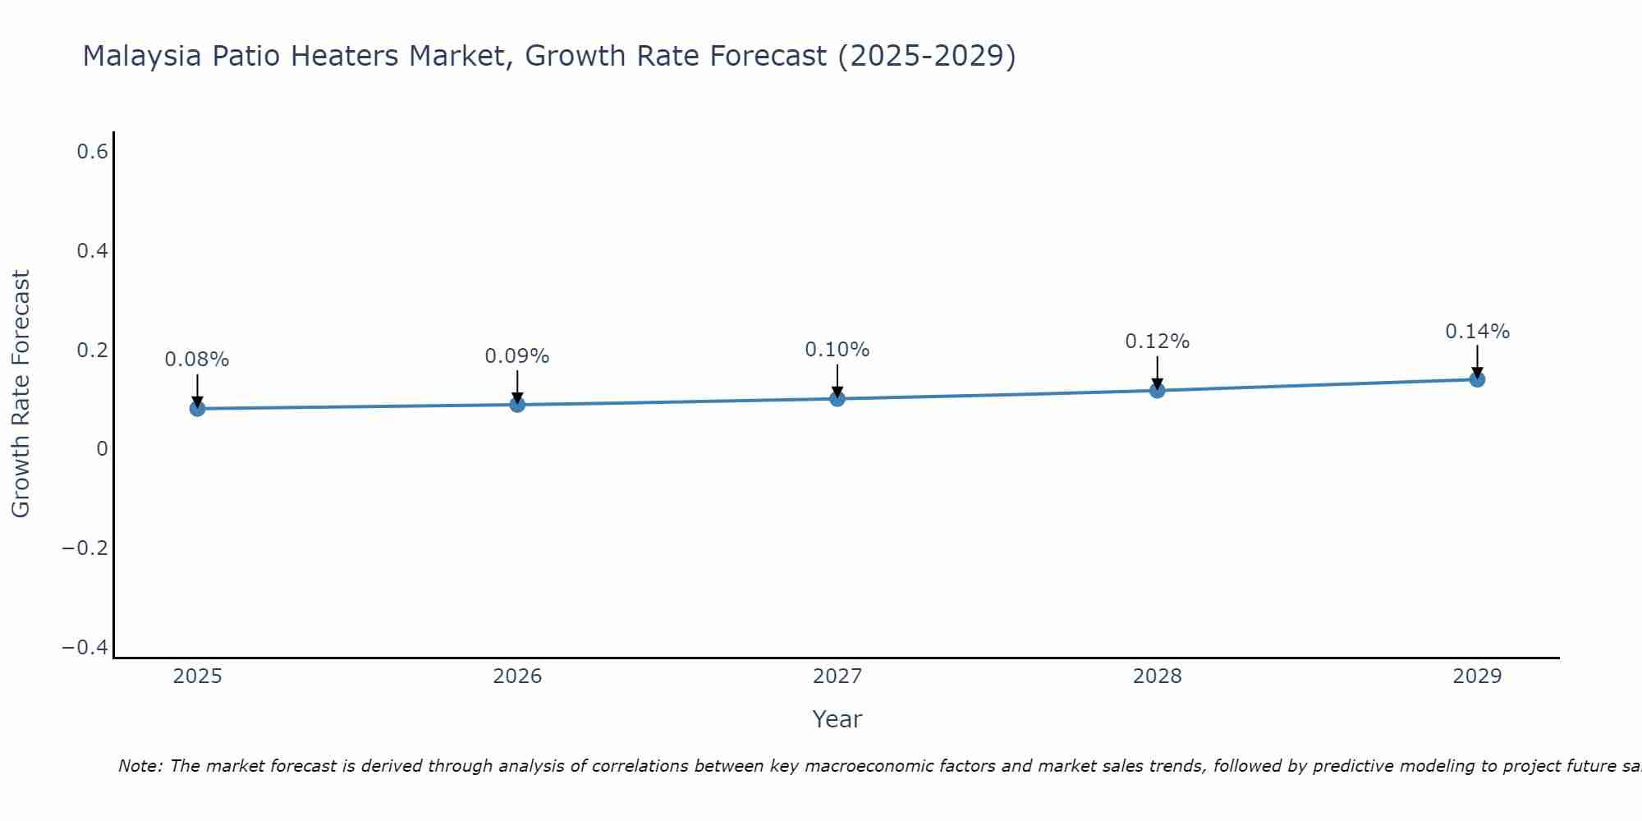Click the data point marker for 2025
tap(197, 408)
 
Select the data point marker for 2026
tap(517, 404)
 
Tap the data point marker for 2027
tap(837, 398)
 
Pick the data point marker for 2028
tap(1157, 390)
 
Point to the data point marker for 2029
tap(1477, 378)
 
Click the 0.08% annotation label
tap(197, 360)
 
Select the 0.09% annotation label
tap(517, 356)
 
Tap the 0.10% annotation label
tap(837, 350)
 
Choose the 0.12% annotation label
tap(1157, 342)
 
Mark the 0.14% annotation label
tap(1477, 332)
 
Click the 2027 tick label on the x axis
tap(837, 677)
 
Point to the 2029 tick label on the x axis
tap(1477, 677)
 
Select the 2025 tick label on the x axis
tap(197, 677)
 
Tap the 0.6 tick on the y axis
tap(92, 152)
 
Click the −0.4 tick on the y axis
tap(85, 648)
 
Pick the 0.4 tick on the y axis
tap(92, 251)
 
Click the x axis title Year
tap(837, 719)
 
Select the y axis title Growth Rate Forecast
tap(21, 394)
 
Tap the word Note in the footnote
tap(140, 766)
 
